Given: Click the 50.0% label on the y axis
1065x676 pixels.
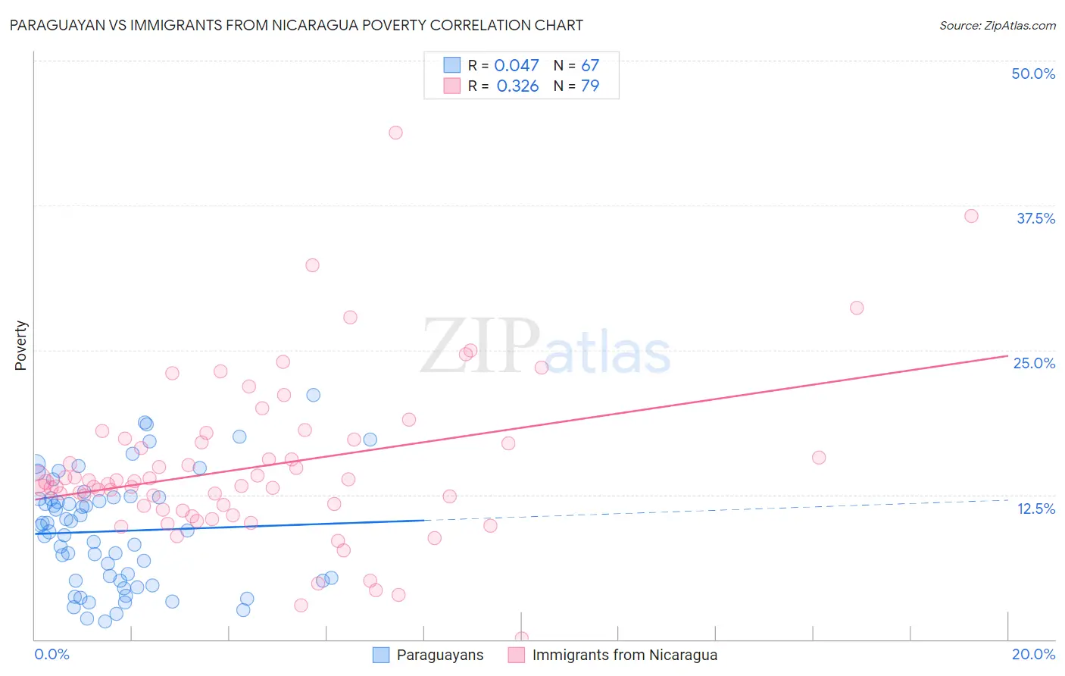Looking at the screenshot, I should pos(1032,74).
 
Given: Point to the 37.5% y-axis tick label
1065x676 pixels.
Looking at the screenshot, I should pos(1035,218).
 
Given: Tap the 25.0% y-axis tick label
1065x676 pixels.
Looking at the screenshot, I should pos(1033,363).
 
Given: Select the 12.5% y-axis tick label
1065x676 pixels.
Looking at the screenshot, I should pos(1035,509).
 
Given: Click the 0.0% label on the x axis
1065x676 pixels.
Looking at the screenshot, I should pos(52,654).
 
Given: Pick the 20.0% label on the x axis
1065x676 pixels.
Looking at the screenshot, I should pos(1033,654).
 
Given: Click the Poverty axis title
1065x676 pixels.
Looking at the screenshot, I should pos(20,346).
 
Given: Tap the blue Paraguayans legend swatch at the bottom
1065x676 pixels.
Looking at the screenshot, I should pos(381,655).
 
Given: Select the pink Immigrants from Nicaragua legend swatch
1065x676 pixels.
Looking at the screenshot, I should pos(517,655).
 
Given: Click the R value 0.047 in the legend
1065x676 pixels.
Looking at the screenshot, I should pos(517,66).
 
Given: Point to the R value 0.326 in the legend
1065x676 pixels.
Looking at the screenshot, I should pos(517,86).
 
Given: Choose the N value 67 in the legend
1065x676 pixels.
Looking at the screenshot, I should pos(590,66).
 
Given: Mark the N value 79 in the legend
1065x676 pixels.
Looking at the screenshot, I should pos(590,86).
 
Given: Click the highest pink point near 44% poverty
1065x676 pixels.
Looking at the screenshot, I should pos(395,133).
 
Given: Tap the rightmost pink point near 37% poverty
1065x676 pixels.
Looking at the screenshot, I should pos(971,216).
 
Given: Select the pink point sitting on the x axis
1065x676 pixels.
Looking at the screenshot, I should pos(521,638).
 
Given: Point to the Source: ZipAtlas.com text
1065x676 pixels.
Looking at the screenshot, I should pos(997,26).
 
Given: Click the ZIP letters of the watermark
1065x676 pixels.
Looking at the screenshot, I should pos(479,347).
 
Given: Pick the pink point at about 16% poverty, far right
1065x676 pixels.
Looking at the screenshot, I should pos(819,458).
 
